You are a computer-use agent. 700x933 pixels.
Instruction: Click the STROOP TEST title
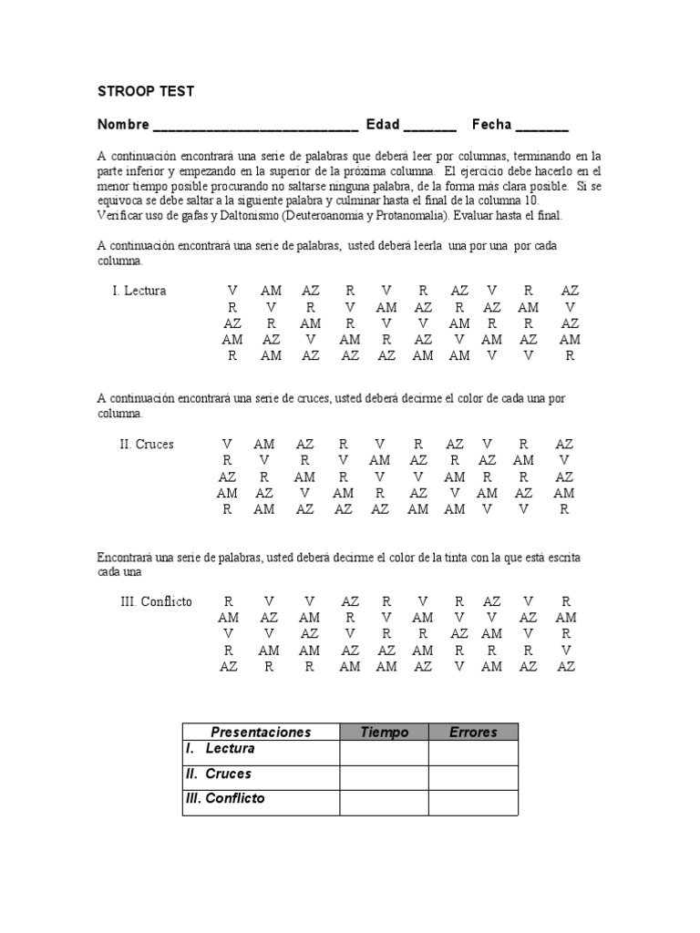[146, 92]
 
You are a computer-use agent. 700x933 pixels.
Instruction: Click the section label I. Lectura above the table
[139, 291]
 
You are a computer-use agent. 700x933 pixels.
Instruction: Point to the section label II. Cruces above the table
[146, 445]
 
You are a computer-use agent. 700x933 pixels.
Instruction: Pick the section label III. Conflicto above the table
[156, 602]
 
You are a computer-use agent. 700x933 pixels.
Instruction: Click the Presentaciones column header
[261, 732]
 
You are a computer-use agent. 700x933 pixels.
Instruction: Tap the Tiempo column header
[384, 732]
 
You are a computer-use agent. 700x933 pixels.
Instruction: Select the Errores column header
[473, 732]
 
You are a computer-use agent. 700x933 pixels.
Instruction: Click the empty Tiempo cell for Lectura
[384, 753]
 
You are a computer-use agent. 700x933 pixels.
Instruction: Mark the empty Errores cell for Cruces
[473, 777]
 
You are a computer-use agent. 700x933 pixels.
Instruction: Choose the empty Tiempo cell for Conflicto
[384, 802]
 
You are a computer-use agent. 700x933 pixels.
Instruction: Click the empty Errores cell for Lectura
[473, 753]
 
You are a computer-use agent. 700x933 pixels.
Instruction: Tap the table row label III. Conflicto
[225, 798]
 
